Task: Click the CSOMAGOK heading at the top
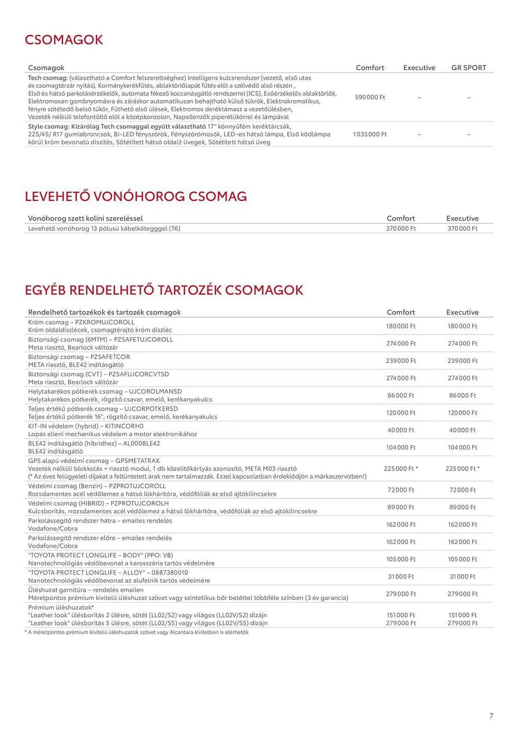64,40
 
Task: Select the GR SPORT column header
469,68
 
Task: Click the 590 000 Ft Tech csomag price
370,97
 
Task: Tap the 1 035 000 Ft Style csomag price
370,134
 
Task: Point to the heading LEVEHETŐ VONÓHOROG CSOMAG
136,196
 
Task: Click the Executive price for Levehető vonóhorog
462,229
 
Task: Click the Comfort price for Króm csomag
401,326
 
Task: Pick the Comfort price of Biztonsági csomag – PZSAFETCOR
401,361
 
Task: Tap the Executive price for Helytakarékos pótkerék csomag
462,396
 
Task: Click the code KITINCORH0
124,426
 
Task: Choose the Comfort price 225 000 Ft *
401,469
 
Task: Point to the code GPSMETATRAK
137,461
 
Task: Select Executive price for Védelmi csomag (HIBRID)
462,507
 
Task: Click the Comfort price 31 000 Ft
401,577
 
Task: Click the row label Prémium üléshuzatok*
61,608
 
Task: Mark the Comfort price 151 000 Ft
401,616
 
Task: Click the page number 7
491,716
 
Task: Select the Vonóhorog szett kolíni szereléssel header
85,219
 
